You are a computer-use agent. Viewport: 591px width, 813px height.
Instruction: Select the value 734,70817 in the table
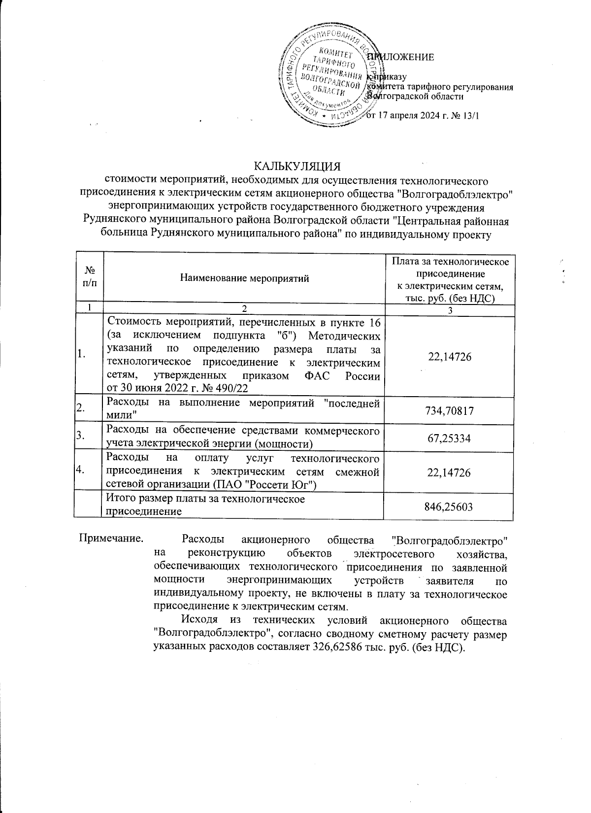point(448,409)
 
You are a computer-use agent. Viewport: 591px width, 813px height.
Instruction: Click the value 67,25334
point(448,437)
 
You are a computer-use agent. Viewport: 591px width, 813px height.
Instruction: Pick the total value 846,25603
point(448,506)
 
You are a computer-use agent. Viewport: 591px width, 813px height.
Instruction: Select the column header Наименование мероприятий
point(245,278)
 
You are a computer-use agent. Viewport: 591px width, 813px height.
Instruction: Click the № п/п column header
point(89,278)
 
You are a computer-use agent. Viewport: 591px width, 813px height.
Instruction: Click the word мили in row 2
point(119,416)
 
